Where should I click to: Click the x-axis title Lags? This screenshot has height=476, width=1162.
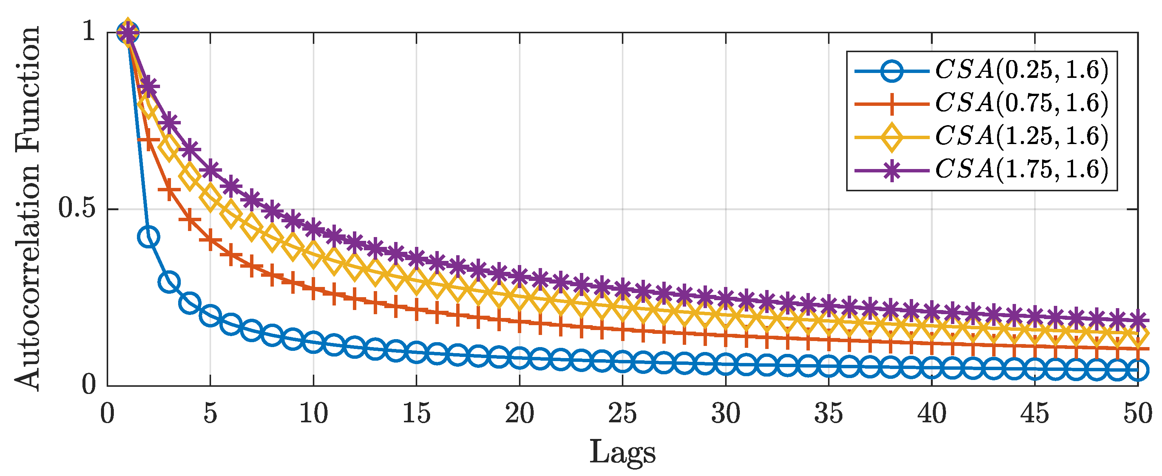click(622, 453)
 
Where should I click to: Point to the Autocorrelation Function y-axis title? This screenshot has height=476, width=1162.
click(27, 208)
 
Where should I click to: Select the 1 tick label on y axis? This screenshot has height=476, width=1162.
click(89, 31)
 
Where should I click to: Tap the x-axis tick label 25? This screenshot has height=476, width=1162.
click(622, 413)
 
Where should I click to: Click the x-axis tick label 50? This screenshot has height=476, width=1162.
click(1137, 413)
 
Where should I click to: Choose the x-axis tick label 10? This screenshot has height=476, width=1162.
click(313, 413)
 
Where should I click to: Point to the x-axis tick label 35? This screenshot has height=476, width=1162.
click(828, 413)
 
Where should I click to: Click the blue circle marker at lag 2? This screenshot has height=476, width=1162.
click(148, 237)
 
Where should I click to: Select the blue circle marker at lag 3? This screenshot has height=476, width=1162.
click(169, 282)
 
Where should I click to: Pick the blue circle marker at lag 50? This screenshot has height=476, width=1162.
click(1138, 370)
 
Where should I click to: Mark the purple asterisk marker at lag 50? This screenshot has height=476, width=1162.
click(1138, 319)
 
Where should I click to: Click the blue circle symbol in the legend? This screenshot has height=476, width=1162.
click(891, 71)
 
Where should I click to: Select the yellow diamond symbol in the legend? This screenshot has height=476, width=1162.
click(891, 137)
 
